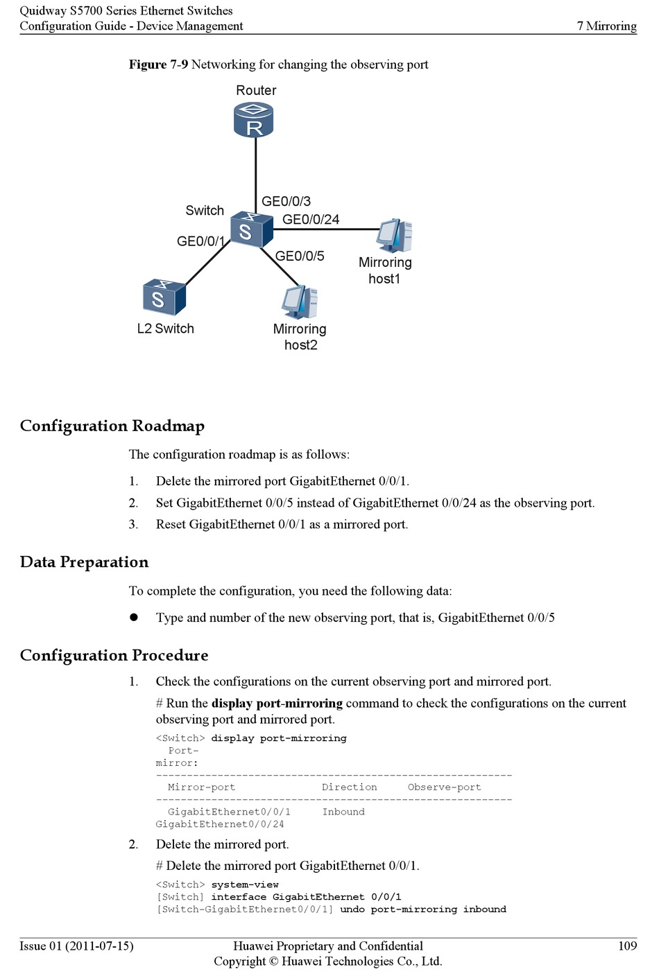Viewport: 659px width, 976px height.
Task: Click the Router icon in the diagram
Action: pyautogui.click(x=253, y=120)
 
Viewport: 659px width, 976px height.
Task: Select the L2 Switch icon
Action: pyautogui.click(x=164, y=297)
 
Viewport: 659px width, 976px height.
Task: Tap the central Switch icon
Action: pyautogui.click(x=251, y=229)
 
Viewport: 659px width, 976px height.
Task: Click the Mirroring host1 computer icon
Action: pyautogui.click(x=395, y=235)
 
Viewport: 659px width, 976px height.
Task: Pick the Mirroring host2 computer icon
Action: pyautogui.click(x=300, y=302)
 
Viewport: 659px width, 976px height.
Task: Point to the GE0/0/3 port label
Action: pyautogui.click(x=286, y=201)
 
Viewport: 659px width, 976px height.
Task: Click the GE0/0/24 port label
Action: pyautogui.click(x=311, y=219)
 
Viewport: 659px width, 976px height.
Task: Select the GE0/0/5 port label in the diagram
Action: pyautogui.click(x=300, y=256)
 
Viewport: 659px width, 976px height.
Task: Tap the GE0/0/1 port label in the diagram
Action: pyautogui.click(x=200, y=241)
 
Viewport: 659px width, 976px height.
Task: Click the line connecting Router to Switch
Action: pyautogui.click(x=255, y=175)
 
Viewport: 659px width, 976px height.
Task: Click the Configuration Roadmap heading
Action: pyautogui.click(x=112, y=426)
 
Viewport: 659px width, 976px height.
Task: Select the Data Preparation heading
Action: pyautogui.click(x=84, y=561)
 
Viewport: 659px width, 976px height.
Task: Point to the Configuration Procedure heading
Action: pyautogui.click(x=114, y=655)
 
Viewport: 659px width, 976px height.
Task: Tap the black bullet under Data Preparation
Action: pyautogui.click(x=134, y=617)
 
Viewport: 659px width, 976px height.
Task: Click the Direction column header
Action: pyautogui.click(x=350, y=787)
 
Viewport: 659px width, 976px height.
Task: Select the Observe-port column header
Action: pyautogui.click(x=444, y=787)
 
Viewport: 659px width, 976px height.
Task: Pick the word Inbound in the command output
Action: pyautogui.click(x=343, y=811)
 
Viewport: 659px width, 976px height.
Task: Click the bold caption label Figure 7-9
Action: pyautogui.click(x=158, y=64)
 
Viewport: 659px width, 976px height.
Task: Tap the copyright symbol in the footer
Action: pyautogui.click(x=273, y=961)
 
